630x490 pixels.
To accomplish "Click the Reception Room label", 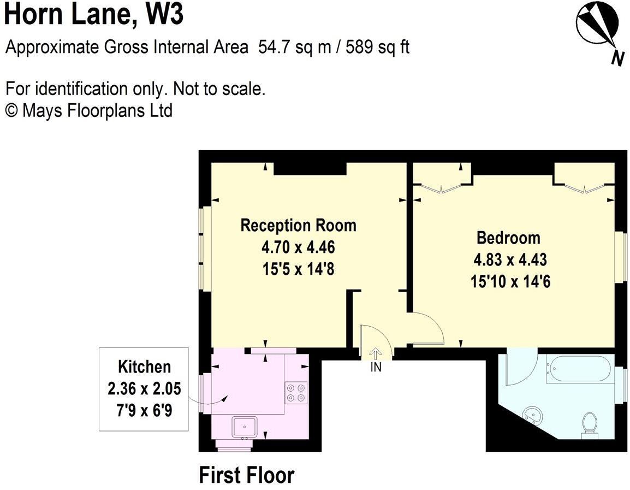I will [x=298, y=225].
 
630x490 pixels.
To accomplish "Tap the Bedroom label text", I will [x=508, y=238].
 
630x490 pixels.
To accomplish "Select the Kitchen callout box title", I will [x=144, y=367].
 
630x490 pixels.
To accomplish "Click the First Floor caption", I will [x=246, y=475].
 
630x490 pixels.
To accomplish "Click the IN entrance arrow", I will [x=376, y=354].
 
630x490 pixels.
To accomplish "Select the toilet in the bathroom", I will [x=589, y=424].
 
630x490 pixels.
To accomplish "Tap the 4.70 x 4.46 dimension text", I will [x=298, y=247].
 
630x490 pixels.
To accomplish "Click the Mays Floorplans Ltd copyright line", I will [x=88, y=110].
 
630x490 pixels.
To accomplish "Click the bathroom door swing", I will [x=518, y=369].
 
